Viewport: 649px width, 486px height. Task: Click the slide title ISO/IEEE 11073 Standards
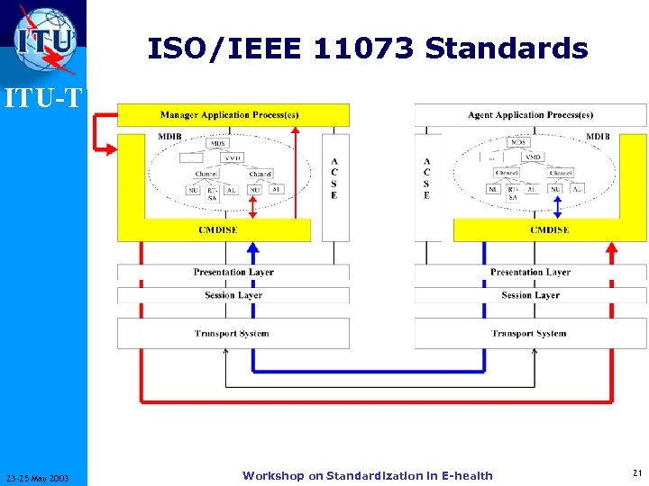(x=368, y=49)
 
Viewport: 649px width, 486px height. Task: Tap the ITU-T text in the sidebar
(x=43, y=96)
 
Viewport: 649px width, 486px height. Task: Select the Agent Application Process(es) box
(x=530, y=115)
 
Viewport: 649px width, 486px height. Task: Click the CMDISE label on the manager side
(x=218, y=230)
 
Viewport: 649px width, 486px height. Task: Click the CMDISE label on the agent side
(x=549, y=230)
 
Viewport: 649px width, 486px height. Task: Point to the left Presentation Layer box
(x=233, y=272)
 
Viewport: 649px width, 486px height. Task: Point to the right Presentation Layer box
(x=530, y=272)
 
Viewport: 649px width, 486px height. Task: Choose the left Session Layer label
(x=233, y=295)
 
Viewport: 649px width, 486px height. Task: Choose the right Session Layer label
(x=530, y=295)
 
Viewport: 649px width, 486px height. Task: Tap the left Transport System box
(x=233, y=334)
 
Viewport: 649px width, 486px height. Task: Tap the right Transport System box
(x=530, y=334)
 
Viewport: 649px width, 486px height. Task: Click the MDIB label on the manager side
(x=169, y=137)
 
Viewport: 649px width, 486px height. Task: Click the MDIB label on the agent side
(x=598, y=137)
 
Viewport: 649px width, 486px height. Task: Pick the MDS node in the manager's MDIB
(x=218, y=143)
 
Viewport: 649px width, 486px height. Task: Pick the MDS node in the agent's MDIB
(x=518, y=142)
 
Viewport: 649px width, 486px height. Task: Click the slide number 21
(x=636, y=473)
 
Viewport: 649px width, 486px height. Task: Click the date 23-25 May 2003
(x=43, y=477)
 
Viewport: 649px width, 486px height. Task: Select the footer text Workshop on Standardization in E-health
(x=368, y=475)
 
